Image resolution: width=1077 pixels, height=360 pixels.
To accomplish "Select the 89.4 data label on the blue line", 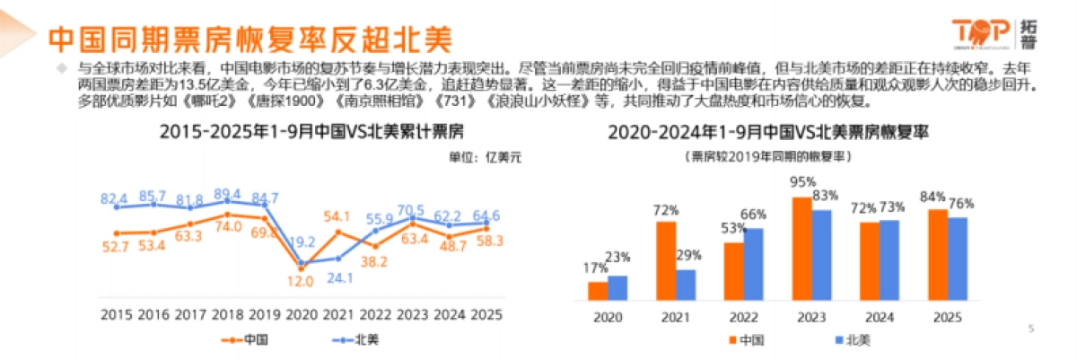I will coord(228,194).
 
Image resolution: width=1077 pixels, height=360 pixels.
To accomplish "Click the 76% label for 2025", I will coord(960,203).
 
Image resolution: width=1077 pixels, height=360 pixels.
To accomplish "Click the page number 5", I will coord(1031,329).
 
